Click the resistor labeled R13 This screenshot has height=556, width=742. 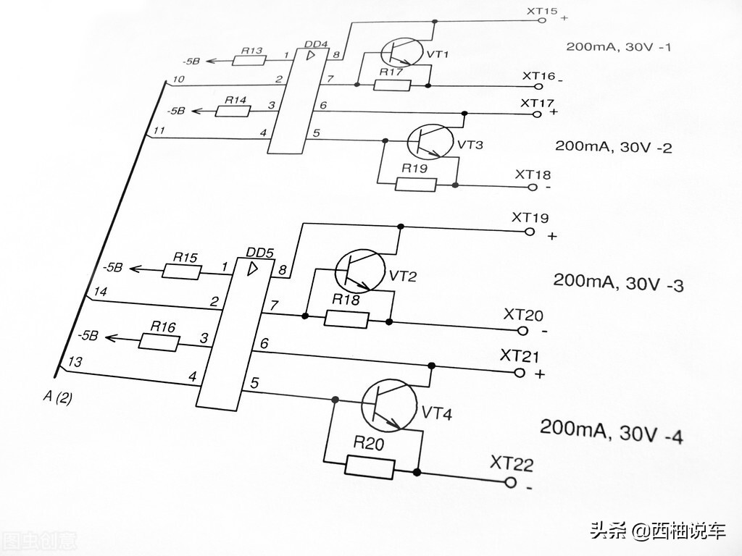[x=250, y=60]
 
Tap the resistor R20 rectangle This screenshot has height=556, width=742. [x=370, y=467]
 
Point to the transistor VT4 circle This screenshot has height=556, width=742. [x=389, y=405]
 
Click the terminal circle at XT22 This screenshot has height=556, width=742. [x=510, y=482]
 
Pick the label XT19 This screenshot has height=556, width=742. [x=530, y=217]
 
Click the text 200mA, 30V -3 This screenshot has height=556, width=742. [x=618, y=282]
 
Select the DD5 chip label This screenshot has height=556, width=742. [x=259, y=253]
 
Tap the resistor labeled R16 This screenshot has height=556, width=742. [x=158, y=342]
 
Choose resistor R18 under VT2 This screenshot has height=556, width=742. [x=347, y=318]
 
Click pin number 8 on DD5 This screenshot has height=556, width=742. [x=283, y=271]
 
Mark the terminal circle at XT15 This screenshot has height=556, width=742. [x=542, y=20]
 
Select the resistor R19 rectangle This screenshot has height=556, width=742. [x=416, y=184]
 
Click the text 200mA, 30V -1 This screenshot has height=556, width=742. [x=618, y=46]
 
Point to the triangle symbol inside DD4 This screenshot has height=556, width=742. [x=310, y=55]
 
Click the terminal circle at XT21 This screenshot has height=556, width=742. [x=518, y=373]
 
